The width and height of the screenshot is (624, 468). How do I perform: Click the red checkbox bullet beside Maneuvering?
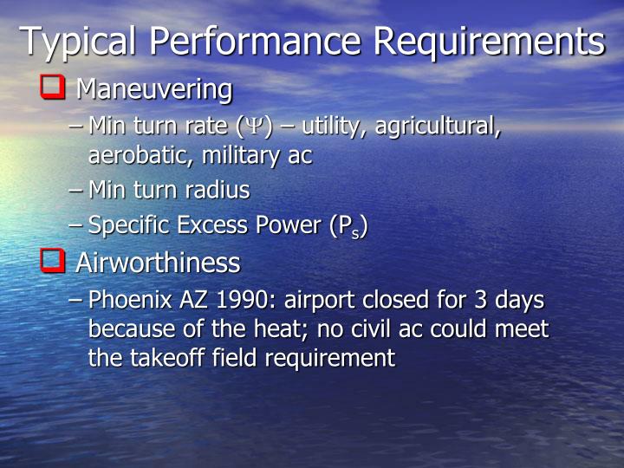click(53, 88)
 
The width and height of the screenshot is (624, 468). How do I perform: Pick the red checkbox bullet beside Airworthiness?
click(53, 261)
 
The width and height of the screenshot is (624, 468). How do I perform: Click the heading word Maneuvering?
click(154, 89)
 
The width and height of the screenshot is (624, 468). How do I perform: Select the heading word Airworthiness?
click(158, 263)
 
